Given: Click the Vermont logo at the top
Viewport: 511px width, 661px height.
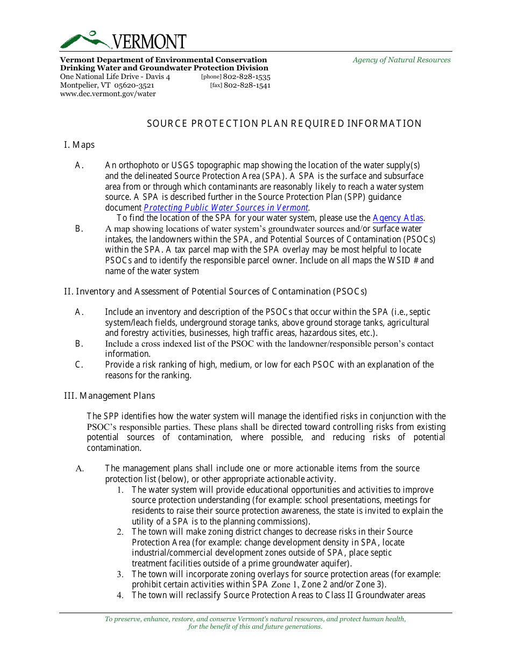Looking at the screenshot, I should (123, 40).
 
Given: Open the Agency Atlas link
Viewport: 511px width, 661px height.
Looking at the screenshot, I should (398, 218).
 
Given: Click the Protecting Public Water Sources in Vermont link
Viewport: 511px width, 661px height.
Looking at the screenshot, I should (226, 208).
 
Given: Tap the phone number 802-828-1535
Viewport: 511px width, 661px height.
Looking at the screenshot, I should (247, 77).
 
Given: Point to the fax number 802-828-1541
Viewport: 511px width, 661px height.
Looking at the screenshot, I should (247, 85).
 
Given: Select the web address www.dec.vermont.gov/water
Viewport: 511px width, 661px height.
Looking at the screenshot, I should (108, 94).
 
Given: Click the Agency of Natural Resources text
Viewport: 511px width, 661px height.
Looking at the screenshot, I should (401, 60).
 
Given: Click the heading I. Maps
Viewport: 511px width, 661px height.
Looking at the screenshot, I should (79, 145).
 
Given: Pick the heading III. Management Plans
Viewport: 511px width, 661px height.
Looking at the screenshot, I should (109, 396).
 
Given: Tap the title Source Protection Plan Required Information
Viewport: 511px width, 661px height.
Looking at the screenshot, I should (284, 124).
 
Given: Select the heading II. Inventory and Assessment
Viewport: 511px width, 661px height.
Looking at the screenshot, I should (215, 291).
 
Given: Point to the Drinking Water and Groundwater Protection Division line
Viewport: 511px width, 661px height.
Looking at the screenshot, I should (164, 68).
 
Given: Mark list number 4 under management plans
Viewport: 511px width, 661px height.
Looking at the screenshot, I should (120, 595).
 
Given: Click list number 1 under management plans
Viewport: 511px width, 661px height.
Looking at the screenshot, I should (120, 490).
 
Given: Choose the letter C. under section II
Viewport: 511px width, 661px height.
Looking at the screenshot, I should (79, 364).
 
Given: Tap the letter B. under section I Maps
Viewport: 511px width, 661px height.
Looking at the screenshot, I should (79, 228).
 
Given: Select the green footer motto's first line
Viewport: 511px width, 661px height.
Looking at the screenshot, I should (255, 619).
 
